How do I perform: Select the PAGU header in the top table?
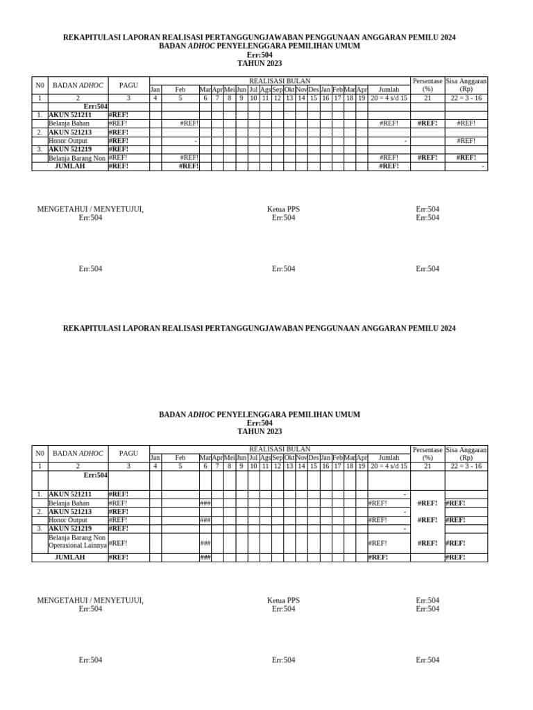(128, 85)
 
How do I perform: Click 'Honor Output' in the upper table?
(68, 141)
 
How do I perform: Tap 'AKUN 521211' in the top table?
(69, 115)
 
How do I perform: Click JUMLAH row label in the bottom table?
(70, 557)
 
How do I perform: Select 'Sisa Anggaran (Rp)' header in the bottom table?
(466, 453)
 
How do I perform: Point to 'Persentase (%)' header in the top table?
(428, 85)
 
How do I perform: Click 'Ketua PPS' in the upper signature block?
(283, 209)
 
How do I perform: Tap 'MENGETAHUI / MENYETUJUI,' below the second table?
(90, 600)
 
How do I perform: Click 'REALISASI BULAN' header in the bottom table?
(280, 449)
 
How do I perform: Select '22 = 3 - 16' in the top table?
(466, 98)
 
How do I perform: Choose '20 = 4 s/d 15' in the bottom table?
(389, 467)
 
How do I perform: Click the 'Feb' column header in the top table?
(180, 90)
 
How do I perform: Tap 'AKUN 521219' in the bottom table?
(69, 528)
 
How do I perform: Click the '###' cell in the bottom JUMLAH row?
(205, 557)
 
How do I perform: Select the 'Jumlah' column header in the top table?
(389, 90)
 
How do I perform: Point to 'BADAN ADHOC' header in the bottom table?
(78, 453)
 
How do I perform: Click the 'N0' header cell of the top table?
(40, 85)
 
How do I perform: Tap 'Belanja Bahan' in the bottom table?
(69, 503)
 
